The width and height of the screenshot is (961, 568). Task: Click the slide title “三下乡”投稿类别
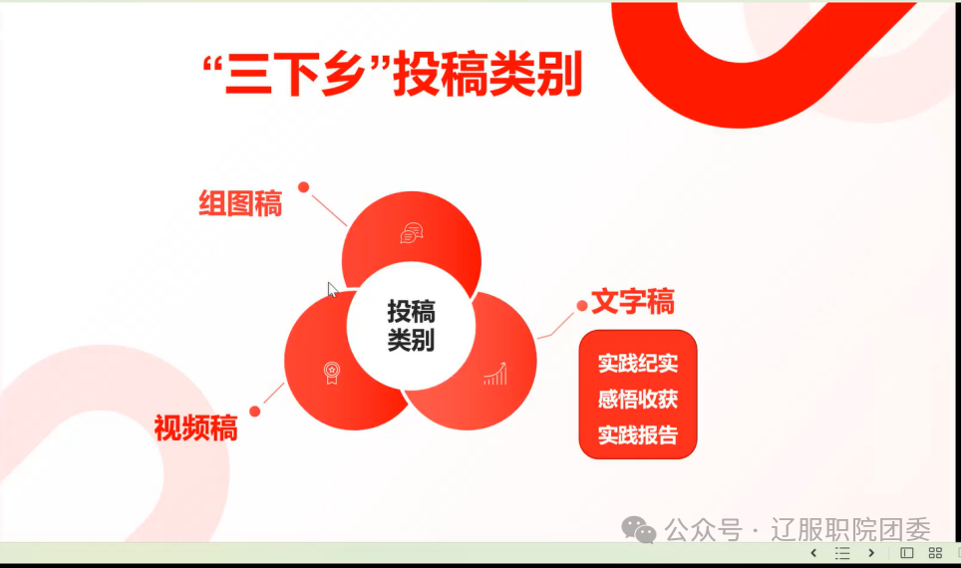392,75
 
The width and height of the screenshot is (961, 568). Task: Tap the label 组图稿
240,203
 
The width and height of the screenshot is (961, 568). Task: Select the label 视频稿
195,427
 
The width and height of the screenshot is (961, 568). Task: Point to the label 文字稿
632,302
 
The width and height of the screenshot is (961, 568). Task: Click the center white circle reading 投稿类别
411,326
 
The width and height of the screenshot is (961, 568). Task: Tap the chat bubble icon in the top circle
412,233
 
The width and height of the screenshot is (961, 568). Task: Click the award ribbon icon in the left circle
332,373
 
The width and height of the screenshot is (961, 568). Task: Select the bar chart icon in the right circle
495,373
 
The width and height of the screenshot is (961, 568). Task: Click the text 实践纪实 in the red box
638,364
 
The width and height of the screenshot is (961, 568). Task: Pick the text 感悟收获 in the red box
638,400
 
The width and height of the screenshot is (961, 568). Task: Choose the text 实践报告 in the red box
638,435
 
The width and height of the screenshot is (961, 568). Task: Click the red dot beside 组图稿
303,187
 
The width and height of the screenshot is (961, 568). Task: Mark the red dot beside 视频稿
255,412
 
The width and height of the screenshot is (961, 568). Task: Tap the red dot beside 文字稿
582,305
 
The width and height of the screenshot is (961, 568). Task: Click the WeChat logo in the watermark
639,529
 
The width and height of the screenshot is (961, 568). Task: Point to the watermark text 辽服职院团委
850,530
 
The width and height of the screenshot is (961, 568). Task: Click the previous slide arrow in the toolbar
813,553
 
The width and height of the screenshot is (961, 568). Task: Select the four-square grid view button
935,553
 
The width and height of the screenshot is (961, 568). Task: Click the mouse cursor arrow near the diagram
332,290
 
